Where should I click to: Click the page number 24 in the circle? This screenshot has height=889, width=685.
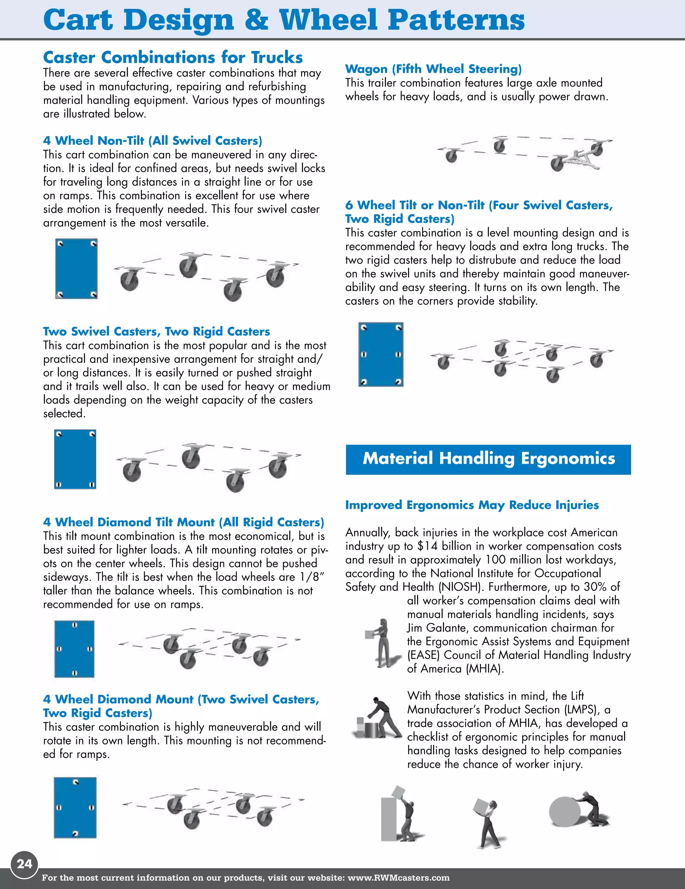tap(24, 863)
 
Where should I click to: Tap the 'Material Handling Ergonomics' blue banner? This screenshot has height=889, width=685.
tap(488, 459)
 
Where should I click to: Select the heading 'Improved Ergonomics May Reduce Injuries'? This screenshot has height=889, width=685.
tap(472, 505)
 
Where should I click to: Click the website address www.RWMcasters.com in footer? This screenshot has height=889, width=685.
tap(398, 878)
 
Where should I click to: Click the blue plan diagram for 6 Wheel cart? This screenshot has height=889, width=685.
tap(380, 354)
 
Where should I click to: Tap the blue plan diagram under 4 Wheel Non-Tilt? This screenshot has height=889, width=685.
tap(76, 269)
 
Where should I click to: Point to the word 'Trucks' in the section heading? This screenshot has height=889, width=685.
tap(277, 58)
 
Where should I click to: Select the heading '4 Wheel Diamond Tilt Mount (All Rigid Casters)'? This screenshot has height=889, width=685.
tap(183, 522)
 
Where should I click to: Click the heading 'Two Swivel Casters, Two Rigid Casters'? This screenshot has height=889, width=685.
tap(157, 331)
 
